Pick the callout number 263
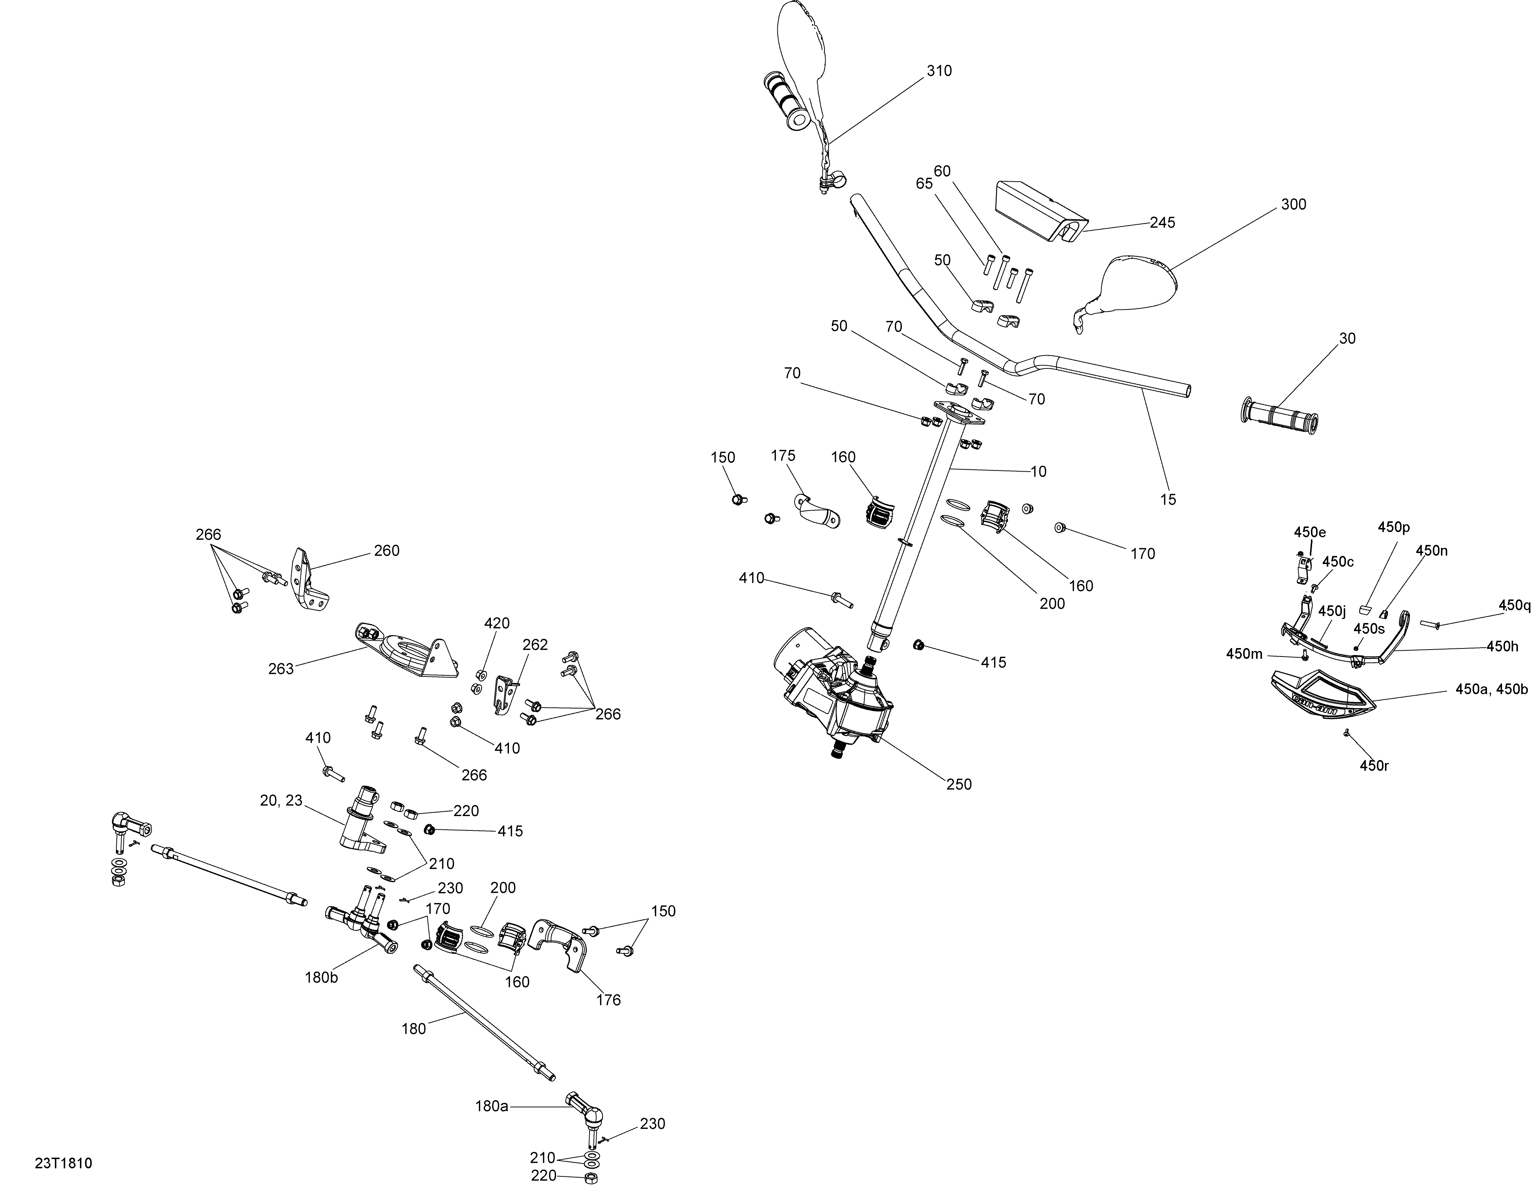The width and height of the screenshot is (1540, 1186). (x=281, y=669)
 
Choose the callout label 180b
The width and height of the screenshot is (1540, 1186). (x=321, y=978)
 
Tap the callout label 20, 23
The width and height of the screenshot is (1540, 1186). (x=281, y=800)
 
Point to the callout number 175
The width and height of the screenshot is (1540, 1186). (x=783, y=456)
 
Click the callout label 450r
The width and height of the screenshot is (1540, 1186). (x=1374, y=766)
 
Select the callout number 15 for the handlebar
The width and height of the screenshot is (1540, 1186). (x=1168, y=500)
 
